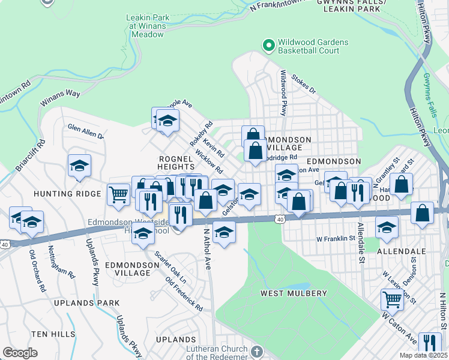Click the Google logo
[x=20, y=353]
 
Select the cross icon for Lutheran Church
[x=256, y=350]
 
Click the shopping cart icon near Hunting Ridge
[x=118, y=193]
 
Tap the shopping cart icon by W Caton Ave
[x=392, y=298]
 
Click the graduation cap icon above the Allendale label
[x=387, y=226]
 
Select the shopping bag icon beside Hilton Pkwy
[x=423, y=212]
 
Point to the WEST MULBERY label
[x=294, y=293]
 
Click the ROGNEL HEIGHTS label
[x=175, y=164]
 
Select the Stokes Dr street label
[x=303, y=84]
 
